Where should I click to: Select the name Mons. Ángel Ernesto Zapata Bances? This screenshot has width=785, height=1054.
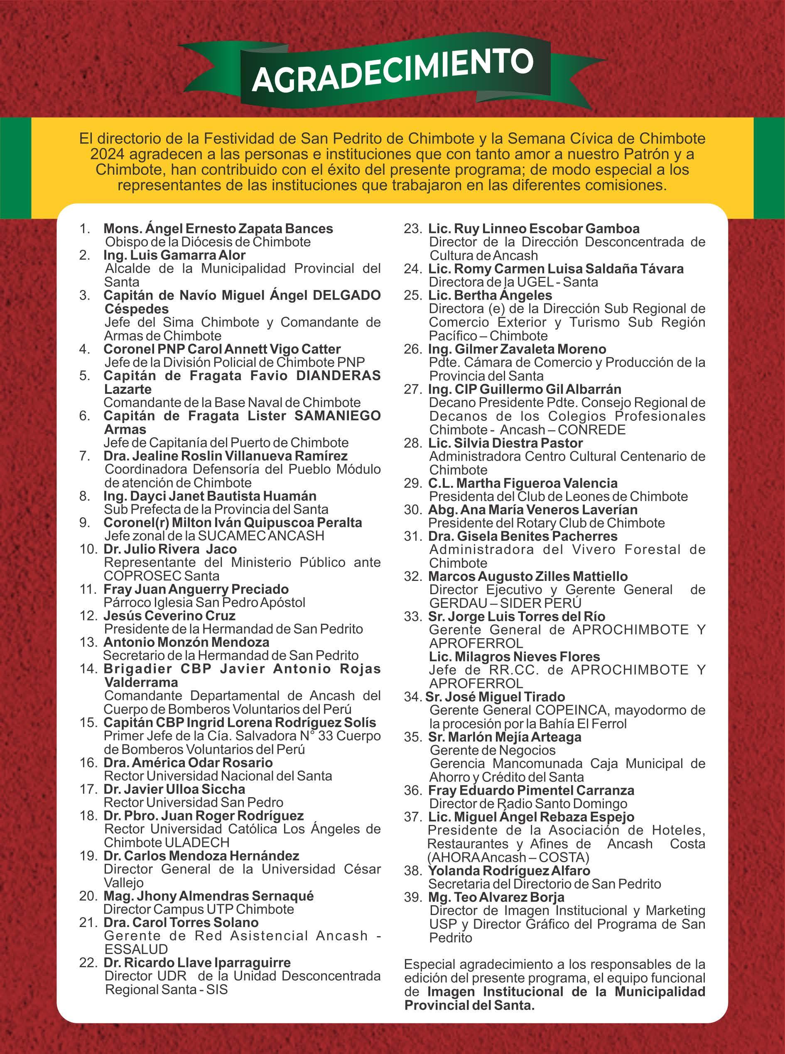pyautogui.click(x=218, y=228)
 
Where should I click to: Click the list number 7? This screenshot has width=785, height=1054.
pyautogui.click(x=85, y=456)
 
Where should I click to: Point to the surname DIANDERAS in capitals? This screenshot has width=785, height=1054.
pyautogui.click(x=339, y=376)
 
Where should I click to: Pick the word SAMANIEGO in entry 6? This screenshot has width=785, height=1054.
pyautogui.click(x=337, y=416)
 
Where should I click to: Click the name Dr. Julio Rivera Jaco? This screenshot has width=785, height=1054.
pyautogui.click(x=170, y=549)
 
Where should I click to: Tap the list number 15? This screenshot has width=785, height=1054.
pyautogui.click(x=89, y=722)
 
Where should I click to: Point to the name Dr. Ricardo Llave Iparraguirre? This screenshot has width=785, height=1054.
pyautogui.click(x=197, y=962)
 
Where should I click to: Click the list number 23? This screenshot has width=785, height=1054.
pyautogui.click(x=412, y=228)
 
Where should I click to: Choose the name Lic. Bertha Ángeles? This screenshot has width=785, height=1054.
pyautogui.click(x=490, y=295)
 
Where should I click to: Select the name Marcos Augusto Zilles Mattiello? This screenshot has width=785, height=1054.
pyautogui.click(x=527, y=576)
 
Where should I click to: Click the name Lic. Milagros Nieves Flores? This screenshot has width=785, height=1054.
pyautogui.click(x=514, y=656)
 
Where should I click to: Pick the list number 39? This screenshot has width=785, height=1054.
pyautogui.click(x=412, y=897)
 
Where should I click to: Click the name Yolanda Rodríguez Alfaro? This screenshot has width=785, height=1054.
pyautogui.click(x=509, y=871)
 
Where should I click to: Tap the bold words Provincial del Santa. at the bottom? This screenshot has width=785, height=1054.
pyautogui.click(x=469, y=1005)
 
